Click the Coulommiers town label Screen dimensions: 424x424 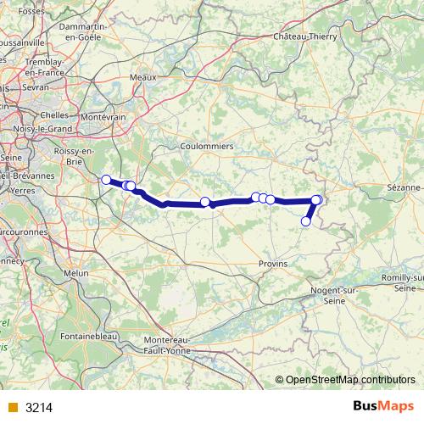point(207,145)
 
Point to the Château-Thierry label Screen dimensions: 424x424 point(305,36)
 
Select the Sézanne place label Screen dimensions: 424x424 point(404,187)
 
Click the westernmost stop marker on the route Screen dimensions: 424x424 point(106,179)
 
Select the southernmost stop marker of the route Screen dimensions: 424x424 point(306,221)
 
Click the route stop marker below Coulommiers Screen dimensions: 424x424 point(205,202)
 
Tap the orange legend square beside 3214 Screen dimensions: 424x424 point(13,408)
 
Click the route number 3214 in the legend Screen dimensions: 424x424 point(39,408)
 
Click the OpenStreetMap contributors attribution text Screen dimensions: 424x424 point(350,379)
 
